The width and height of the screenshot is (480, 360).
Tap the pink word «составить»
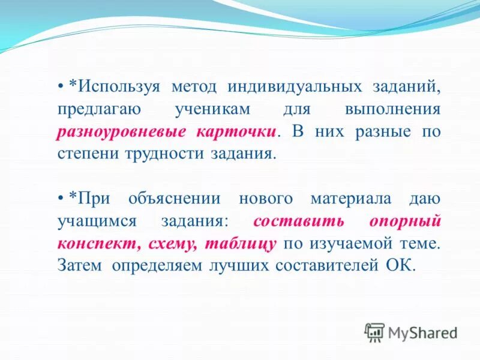(x=298, y=221)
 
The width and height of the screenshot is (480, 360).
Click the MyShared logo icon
(x=374, y=332)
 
